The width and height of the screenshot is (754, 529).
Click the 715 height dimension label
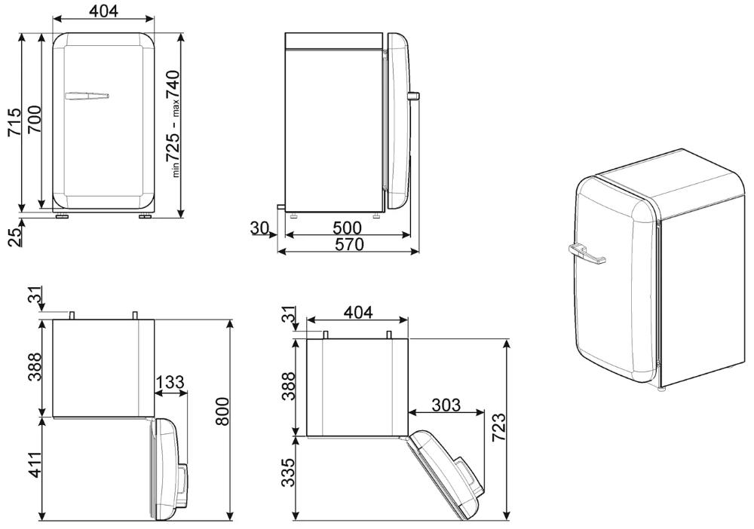pos(14,122)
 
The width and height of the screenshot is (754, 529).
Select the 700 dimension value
pos(34,119)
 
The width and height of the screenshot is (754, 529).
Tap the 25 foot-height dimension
pos(14,237)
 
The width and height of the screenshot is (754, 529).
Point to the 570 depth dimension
pos(349,245)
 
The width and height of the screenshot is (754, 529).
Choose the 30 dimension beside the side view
pos(259,228)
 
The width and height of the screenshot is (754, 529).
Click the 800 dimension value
pos(222,411)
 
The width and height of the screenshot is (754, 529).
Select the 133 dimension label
pos(170,382)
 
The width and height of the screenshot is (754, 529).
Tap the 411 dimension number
pos(35,465)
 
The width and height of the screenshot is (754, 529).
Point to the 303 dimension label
pos(446,405)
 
